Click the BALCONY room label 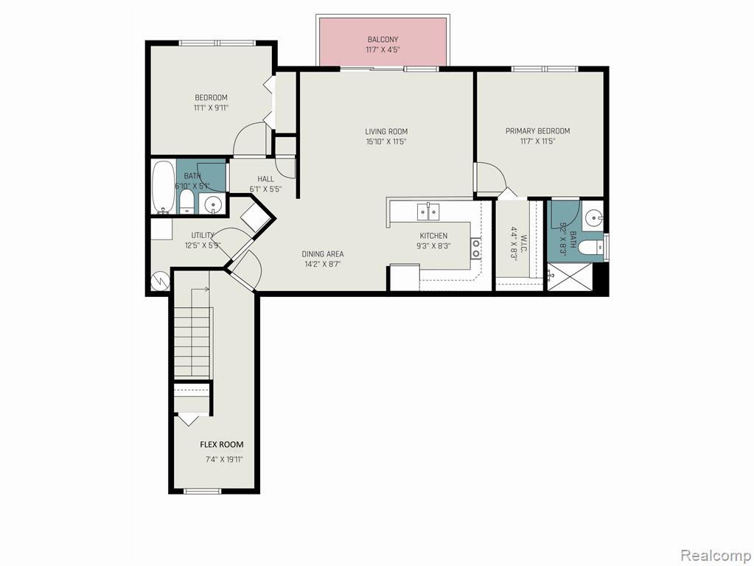click(383, 40)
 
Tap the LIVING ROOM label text click(386, 131)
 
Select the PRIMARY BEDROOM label click(537, 130)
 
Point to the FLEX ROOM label click(222, 444)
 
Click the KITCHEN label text click(433, 236)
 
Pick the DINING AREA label click(323, 254)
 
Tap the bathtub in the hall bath click(164, 186)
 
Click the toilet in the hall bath click(186, 202)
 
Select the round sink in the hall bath click(212, 205)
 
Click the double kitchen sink click(428, 211)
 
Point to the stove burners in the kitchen click(475, 248)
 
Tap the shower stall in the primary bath click(570, 276)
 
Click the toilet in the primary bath click(590, 248)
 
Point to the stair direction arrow click(200, 290)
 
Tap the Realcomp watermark click(716, 556)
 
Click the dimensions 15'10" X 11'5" click(386, 141)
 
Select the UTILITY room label click(203, 235)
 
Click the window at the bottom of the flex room click(203, 491)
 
